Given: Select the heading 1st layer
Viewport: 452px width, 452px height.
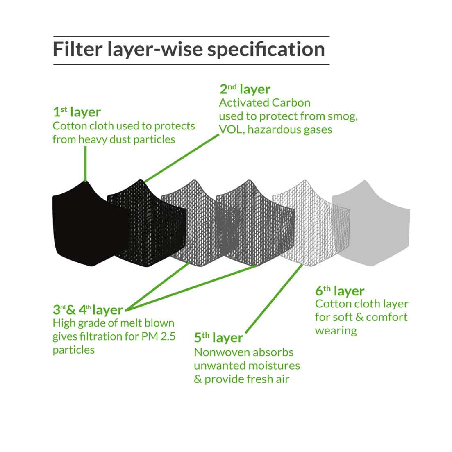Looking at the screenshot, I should tap(77, 112).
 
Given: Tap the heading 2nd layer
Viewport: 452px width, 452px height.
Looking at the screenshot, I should tap(245, 89).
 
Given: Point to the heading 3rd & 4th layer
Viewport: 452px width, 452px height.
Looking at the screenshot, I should tap(88, 309).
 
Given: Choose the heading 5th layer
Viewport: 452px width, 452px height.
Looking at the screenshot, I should tap(218, 338).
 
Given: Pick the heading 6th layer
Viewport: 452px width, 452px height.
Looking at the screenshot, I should tap(339, 291).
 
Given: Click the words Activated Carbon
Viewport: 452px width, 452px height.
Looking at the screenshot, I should tap(265, 102).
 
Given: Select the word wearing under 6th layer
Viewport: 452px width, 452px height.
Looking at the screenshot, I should tap(336, 331).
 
